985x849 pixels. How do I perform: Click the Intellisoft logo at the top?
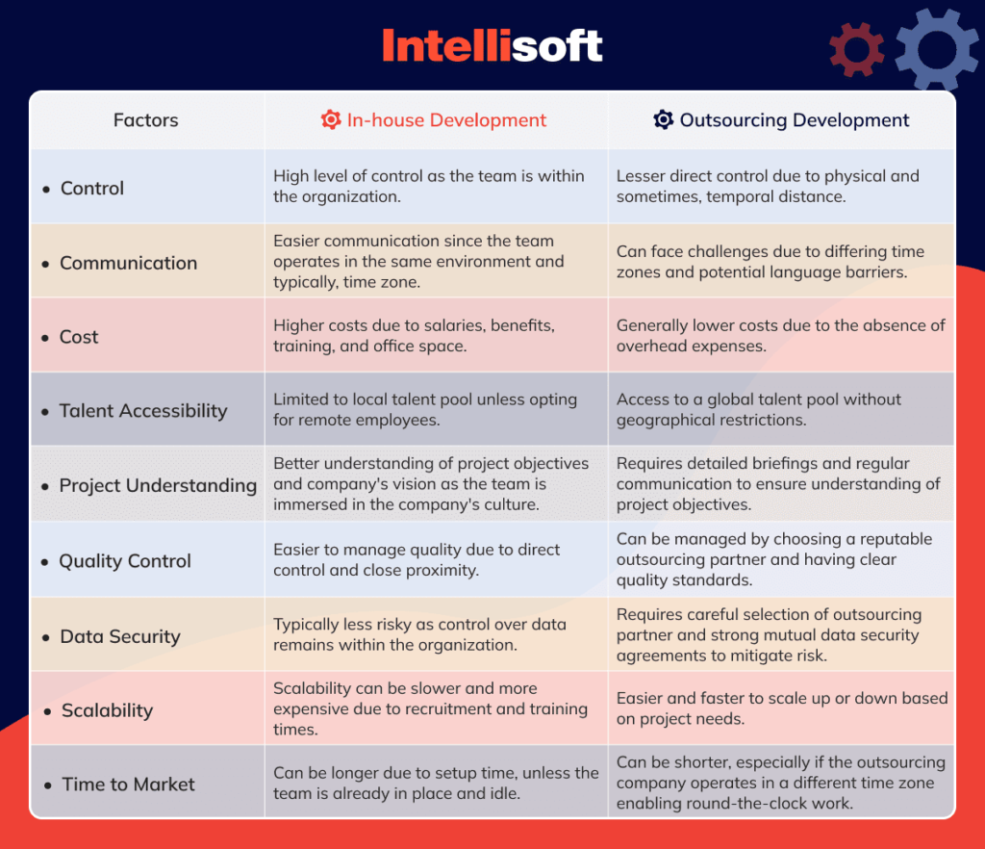point(492,45)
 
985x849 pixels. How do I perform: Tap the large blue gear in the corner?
point(936,50)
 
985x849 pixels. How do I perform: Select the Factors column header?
point(146,120)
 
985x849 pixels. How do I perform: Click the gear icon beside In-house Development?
point(331,120)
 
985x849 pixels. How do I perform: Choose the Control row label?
point(92,189)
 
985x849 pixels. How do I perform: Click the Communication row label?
point(128,263)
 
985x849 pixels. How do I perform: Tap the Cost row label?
point(79,337)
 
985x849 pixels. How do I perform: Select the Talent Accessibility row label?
point(143,411)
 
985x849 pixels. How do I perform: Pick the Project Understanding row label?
point(158,485)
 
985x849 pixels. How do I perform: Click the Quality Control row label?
point(125,561)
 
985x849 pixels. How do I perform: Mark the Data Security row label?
point(120,636)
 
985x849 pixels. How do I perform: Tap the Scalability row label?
point(107,710)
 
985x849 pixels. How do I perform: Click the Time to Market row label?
point(128,785)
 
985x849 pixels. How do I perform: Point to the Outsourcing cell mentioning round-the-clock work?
point(780,782)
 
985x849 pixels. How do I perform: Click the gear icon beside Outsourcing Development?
point(663,120)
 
